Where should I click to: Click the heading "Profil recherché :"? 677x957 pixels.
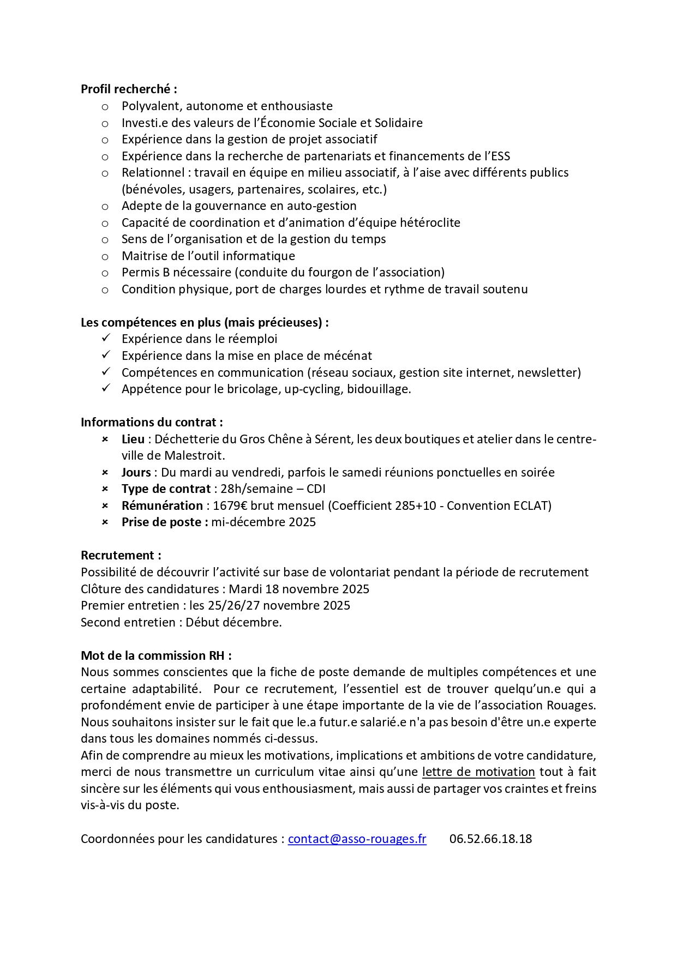129,89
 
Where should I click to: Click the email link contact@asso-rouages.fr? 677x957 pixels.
357,839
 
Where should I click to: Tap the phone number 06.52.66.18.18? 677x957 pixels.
490,839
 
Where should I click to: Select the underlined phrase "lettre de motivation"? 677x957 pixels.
478,772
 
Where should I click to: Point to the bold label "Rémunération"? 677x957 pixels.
162,505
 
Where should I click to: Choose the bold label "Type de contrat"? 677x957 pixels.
166,489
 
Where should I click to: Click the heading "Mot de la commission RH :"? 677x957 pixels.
156,655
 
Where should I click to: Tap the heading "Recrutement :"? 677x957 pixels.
121,556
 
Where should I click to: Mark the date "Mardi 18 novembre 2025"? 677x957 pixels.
299,589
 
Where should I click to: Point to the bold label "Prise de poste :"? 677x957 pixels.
165,522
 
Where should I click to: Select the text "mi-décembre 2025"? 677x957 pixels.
263,522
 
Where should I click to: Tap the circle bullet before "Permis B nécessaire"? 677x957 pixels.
105,273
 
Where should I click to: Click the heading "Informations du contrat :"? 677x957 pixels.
152,422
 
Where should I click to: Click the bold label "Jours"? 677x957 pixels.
136,472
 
